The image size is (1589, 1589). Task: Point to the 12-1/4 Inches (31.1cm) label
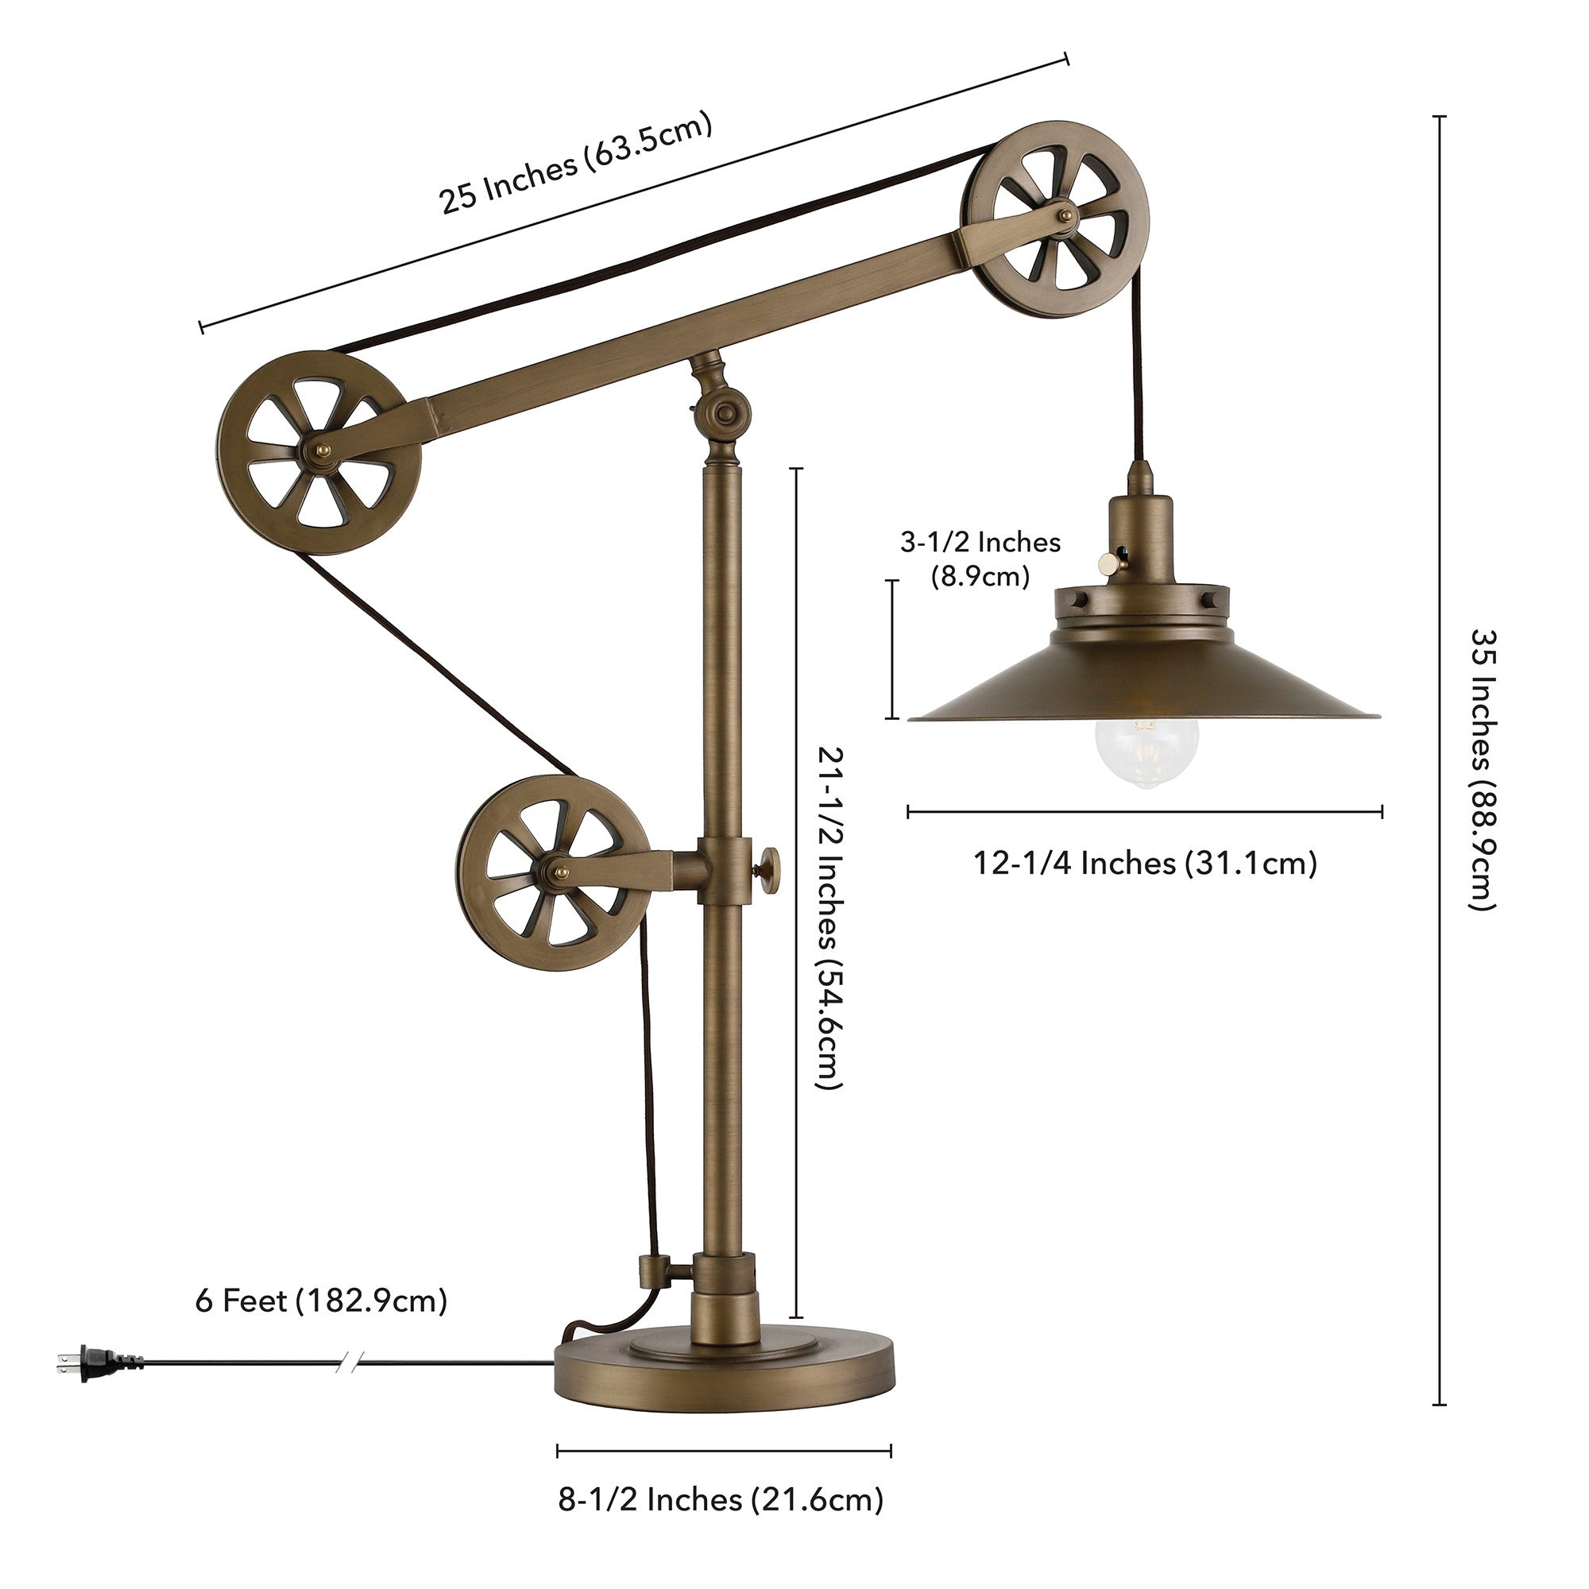coord(1145,864)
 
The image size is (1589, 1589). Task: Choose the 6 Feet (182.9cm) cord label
coord(321,1301)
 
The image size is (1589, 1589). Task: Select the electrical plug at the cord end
coord(99,1363)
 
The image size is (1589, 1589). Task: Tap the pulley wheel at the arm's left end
coord(319,454)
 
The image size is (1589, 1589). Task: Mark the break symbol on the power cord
coord(348,1363)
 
